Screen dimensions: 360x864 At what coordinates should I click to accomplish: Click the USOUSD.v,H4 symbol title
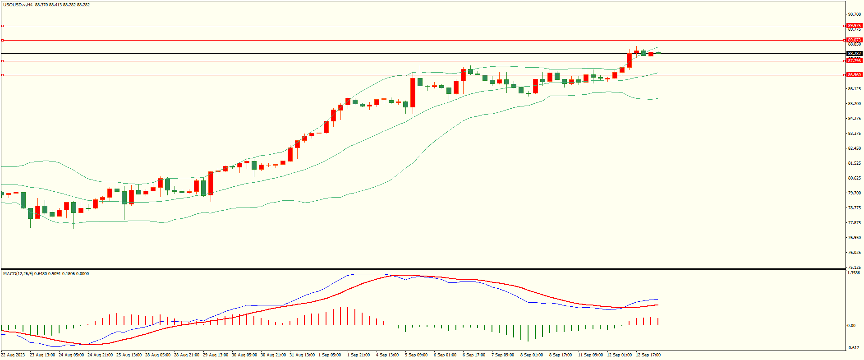tap(18, 5)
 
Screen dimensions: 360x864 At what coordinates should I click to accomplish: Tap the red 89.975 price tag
tap(854, 26)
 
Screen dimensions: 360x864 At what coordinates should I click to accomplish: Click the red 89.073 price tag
tap(854, 40)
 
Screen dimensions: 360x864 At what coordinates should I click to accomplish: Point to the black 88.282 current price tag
tap(854, 54)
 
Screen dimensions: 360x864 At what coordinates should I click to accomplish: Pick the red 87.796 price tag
tap(854, 61)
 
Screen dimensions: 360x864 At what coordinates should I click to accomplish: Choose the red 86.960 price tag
tap(854, 75)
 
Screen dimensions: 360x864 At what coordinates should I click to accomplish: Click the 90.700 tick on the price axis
tap(854, 14)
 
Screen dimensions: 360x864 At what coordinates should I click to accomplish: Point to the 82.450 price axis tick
tap(854, 148)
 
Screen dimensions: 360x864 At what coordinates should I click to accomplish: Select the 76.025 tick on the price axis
tap(854, 253)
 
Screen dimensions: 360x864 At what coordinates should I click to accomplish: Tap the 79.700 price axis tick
tap(854, 193)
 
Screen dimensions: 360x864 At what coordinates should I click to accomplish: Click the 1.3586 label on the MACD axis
tap(854, 273)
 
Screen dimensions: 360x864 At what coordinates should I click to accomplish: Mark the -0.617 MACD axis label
tap(853, 347)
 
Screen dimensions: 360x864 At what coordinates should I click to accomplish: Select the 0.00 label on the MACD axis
tap(851, 326)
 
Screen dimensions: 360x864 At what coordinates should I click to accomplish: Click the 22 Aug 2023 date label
tap(14, 355)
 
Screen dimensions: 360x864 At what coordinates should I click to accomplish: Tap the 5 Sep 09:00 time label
tap(416, 355)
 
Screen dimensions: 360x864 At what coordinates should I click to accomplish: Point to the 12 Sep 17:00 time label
tap(648, 355)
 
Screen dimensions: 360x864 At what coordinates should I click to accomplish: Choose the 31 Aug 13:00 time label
tap(302, 355)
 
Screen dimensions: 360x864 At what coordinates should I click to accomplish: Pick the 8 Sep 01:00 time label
tap(532, 355)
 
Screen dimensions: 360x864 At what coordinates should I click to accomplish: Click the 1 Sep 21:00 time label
tap(358, 355)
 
